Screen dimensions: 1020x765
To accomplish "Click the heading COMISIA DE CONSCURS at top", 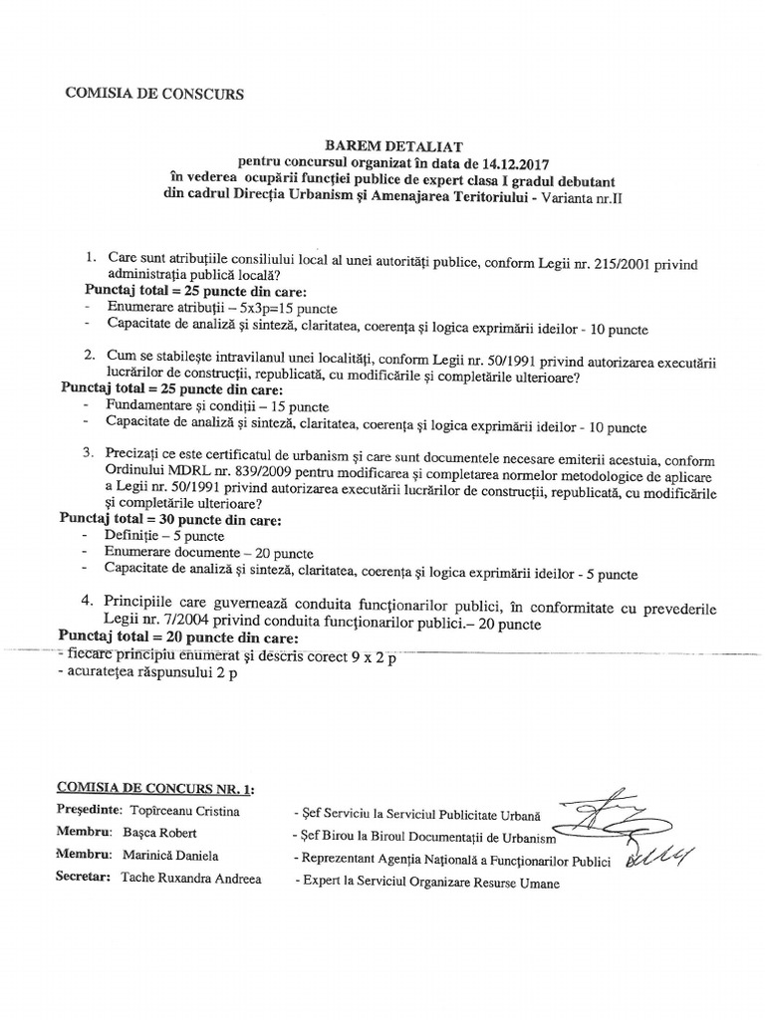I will click(x=153, y=94).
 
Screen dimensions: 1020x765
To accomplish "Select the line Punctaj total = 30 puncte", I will click(x=169, y=519).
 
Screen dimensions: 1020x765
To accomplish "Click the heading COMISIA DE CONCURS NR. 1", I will click(x=154, y=789).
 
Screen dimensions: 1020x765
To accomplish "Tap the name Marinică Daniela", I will click(x=171, y=856).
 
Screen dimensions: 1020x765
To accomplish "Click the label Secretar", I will click(x=83, y=879).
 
